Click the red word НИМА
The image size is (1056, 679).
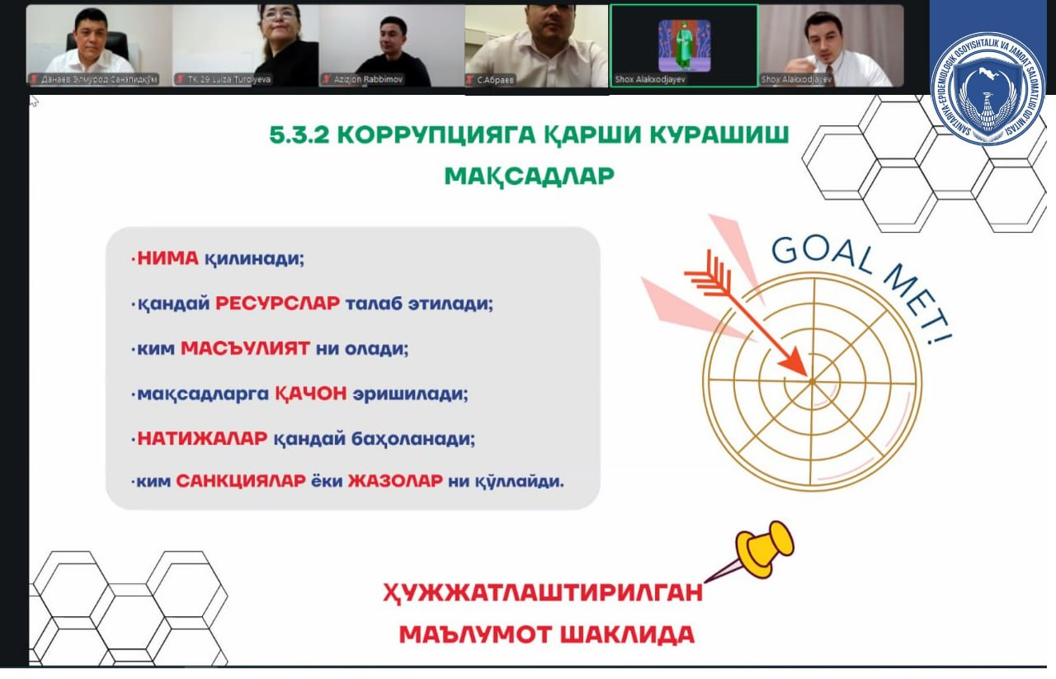[x=167, y=258]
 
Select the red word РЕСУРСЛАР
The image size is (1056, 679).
[x=277, y=303]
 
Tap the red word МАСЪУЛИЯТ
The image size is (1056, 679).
[x=245, y=348]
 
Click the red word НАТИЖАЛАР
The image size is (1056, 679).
[x=202, y=439]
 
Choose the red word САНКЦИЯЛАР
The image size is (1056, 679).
[x=241, y=481]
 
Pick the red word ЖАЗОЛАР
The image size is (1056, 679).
[x=394, y=481]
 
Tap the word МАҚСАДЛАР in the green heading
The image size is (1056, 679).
[x=529, y=177]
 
